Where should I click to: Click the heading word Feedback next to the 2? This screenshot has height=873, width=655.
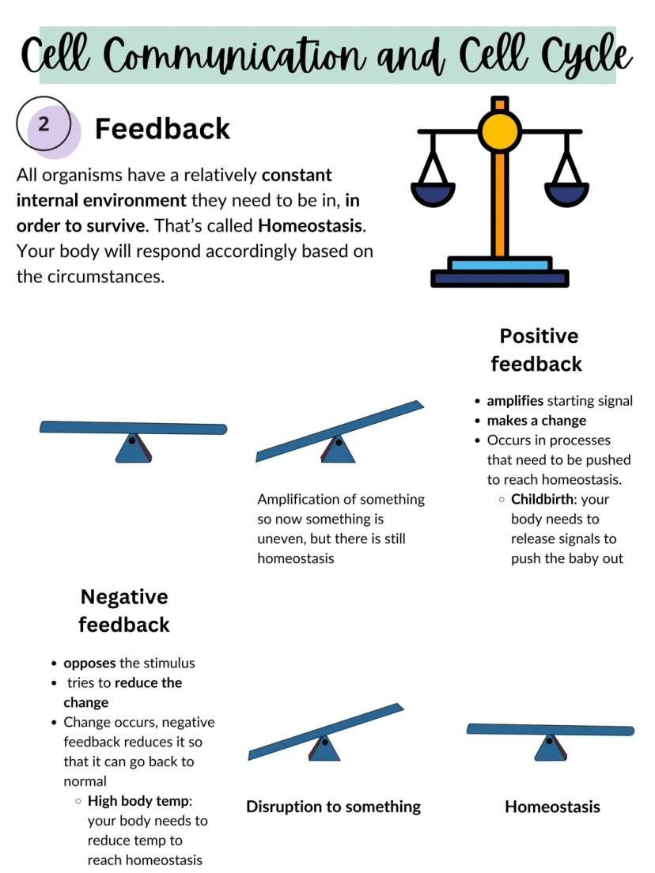pos(162,128)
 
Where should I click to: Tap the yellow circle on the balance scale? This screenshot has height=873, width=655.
pos(499,131)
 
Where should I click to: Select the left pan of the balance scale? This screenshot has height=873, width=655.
pos(433,192)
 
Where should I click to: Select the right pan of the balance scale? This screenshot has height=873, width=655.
pos(566,192)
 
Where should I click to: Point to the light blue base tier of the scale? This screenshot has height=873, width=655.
pos(498,264)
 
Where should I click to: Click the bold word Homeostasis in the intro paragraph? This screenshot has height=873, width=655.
pos(310,225)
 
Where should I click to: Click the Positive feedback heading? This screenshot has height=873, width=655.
pos(537,350)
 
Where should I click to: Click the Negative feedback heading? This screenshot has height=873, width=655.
pos(124,610)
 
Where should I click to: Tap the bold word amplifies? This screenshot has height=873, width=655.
pos(515,400)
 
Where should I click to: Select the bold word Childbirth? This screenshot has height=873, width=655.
pos(542,499)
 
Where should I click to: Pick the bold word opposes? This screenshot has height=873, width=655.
pos(89,663)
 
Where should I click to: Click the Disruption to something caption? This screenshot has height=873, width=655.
pos(333,807)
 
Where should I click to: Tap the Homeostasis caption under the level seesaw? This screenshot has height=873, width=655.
pos(552,807)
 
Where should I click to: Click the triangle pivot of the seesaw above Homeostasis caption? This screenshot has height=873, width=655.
pos(549,748)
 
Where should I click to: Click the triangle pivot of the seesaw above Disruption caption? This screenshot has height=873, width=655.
pos(324,748)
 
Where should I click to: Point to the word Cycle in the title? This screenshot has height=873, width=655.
pos(586,54)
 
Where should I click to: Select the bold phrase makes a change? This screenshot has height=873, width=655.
pos(536,420)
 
